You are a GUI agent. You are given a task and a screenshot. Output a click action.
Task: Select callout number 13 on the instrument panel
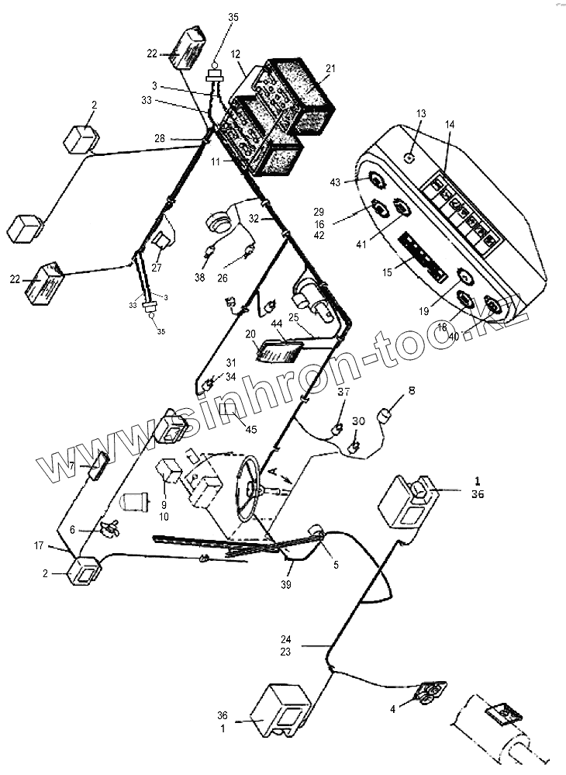click(421, 113)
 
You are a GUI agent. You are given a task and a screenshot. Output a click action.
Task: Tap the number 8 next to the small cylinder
click(412, 392)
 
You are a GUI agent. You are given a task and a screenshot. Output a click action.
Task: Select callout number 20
click(250, 334)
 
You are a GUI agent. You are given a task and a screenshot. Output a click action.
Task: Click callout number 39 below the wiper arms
click(286, 584)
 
